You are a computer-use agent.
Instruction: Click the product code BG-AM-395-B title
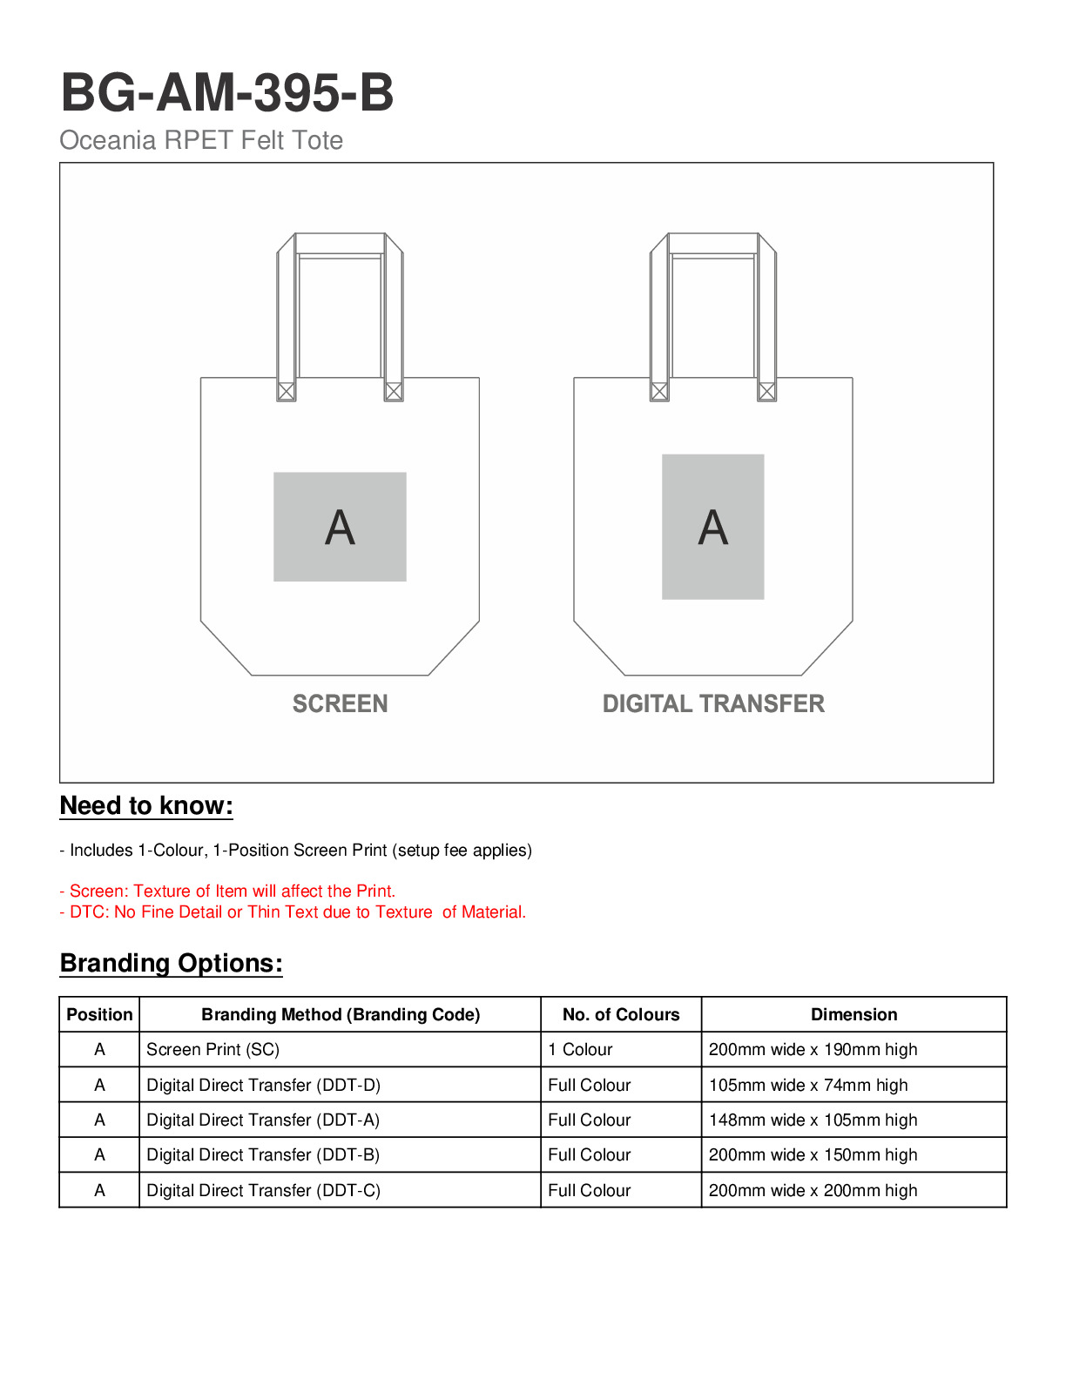coord(227,92)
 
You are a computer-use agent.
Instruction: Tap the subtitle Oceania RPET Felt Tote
coord(201,140)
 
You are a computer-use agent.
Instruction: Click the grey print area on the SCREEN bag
coord(340,527)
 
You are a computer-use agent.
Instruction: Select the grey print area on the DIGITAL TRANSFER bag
coord(712,527)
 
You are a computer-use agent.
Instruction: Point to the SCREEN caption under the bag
coord(340,703)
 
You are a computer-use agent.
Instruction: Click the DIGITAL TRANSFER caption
coord(713,703)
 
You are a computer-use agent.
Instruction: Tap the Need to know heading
coord(146,806)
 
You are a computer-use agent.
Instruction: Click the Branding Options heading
coord(172,963)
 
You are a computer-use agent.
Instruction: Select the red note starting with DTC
coord(293,912)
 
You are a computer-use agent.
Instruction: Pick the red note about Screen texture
coord(227,891)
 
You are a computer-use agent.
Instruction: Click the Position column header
coord(99,1014)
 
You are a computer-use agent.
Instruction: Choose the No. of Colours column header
coord(621,1014)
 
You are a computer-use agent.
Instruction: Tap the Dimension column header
coord(853,1014)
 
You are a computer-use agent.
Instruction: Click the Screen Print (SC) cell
coord(213,1050)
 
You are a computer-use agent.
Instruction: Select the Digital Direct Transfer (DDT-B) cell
coord(263,1155)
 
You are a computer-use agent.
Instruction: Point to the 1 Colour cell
coord(580,1050)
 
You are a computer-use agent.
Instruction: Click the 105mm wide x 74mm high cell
coord(808,1085)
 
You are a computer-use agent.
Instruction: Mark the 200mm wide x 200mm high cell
coord(813,1190)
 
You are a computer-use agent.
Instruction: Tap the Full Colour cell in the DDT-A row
coord(590,1120)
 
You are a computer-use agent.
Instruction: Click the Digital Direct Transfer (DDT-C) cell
coord(263,1190)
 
